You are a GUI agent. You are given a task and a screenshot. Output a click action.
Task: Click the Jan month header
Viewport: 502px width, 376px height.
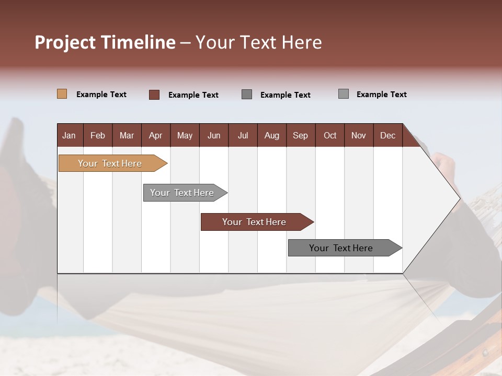coord(70,135)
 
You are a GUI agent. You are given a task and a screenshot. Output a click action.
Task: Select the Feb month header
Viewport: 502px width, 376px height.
coord(98,135)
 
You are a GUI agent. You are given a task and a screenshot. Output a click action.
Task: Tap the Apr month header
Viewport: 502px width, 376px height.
coord(156,135)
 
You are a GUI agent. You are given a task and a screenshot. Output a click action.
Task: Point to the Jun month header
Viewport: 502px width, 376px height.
coord(214,135)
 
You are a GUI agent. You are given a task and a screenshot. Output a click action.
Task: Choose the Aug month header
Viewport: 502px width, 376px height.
coord(272,135)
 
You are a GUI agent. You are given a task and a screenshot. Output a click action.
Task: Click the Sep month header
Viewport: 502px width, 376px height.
coord(301,135)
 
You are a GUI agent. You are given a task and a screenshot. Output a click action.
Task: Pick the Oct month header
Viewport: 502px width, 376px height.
coord(330,135)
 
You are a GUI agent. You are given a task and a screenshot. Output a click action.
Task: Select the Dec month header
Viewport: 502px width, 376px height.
coord(388,135)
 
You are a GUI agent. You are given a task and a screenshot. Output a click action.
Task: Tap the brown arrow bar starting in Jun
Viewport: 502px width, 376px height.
coord(255,222)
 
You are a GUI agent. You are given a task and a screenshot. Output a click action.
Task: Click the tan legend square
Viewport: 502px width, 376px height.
coord(62,94)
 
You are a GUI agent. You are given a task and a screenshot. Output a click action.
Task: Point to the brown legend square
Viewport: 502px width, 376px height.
coord(154,95)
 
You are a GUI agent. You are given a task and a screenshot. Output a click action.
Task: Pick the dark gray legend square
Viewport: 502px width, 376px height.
coord(247,94)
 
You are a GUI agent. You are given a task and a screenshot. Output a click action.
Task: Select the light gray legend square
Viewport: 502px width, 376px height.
coord(344,94)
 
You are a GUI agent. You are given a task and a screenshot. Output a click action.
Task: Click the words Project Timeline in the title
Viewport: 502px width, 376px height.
coord(105,42)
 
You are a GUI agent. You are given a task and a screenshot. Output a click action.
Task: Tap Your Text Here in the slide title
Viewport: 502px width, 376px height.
coord(258,42)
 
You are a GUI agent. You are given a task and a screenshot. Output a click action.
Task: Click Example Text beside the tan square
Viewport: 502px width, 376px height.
coord(101,95)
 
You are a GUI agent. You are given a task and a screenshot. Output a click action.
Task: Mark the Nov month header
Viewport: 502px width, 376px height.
coord(359,135)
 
